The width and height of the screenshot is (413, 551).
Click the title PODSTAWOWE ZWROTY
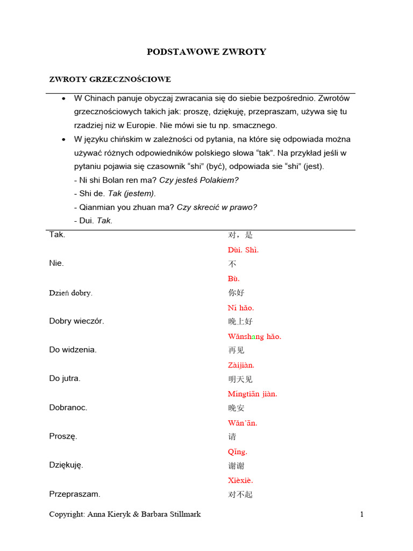pyautogui.click(x=206, y=52)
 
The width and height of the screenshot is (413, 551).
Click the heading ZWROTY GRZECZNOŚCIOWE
pyautogui.click(x=110, y=80)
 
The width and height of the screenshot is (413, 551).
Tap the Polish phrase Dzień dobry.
pyautogui.click(x=70, y=293)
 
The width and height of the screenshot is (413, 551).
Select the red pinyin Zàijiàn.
pyautogui.click(x=241, y=365)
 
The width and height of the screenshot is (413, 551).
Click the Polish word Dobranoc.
pyautogui.click(x=68, y=407)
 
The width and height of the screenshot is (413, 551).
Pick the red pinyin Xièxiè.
pyautogui.click(x=240, y=481)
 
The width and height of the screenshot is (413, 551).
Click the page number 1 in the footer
pyautogui.click(x=362, y=514)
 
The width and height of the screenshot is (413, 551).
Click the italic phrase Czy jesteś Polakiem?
pyautogui.click(x=199, y=180)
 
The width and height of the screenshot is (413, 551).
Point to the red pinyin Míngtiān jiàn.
pyautogui.click(x=252, y=394)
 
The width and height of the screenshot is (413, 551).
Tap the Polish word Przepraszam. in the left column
pyautogui.click(x=74, y=494)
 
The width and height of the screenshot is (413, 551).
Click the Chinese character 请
pyautogui.click(x=232, y=437)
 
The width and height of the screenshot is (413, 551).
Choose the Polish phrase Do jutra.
pyautogui.click(x=65, y=378)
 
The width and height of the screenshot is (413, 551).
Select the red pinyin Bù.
pyautogui.click(x=233, y=279)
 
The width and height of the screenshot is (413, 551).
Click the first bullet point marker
pyautogui.click(x=63, y=99)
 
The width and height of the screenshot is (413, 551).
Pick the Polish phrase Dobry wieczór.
pyautogui.click(x=76, y=321)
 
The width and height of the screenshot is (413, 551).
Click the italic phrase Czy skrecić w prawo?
pyautogui.click(x=217, y=207)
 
